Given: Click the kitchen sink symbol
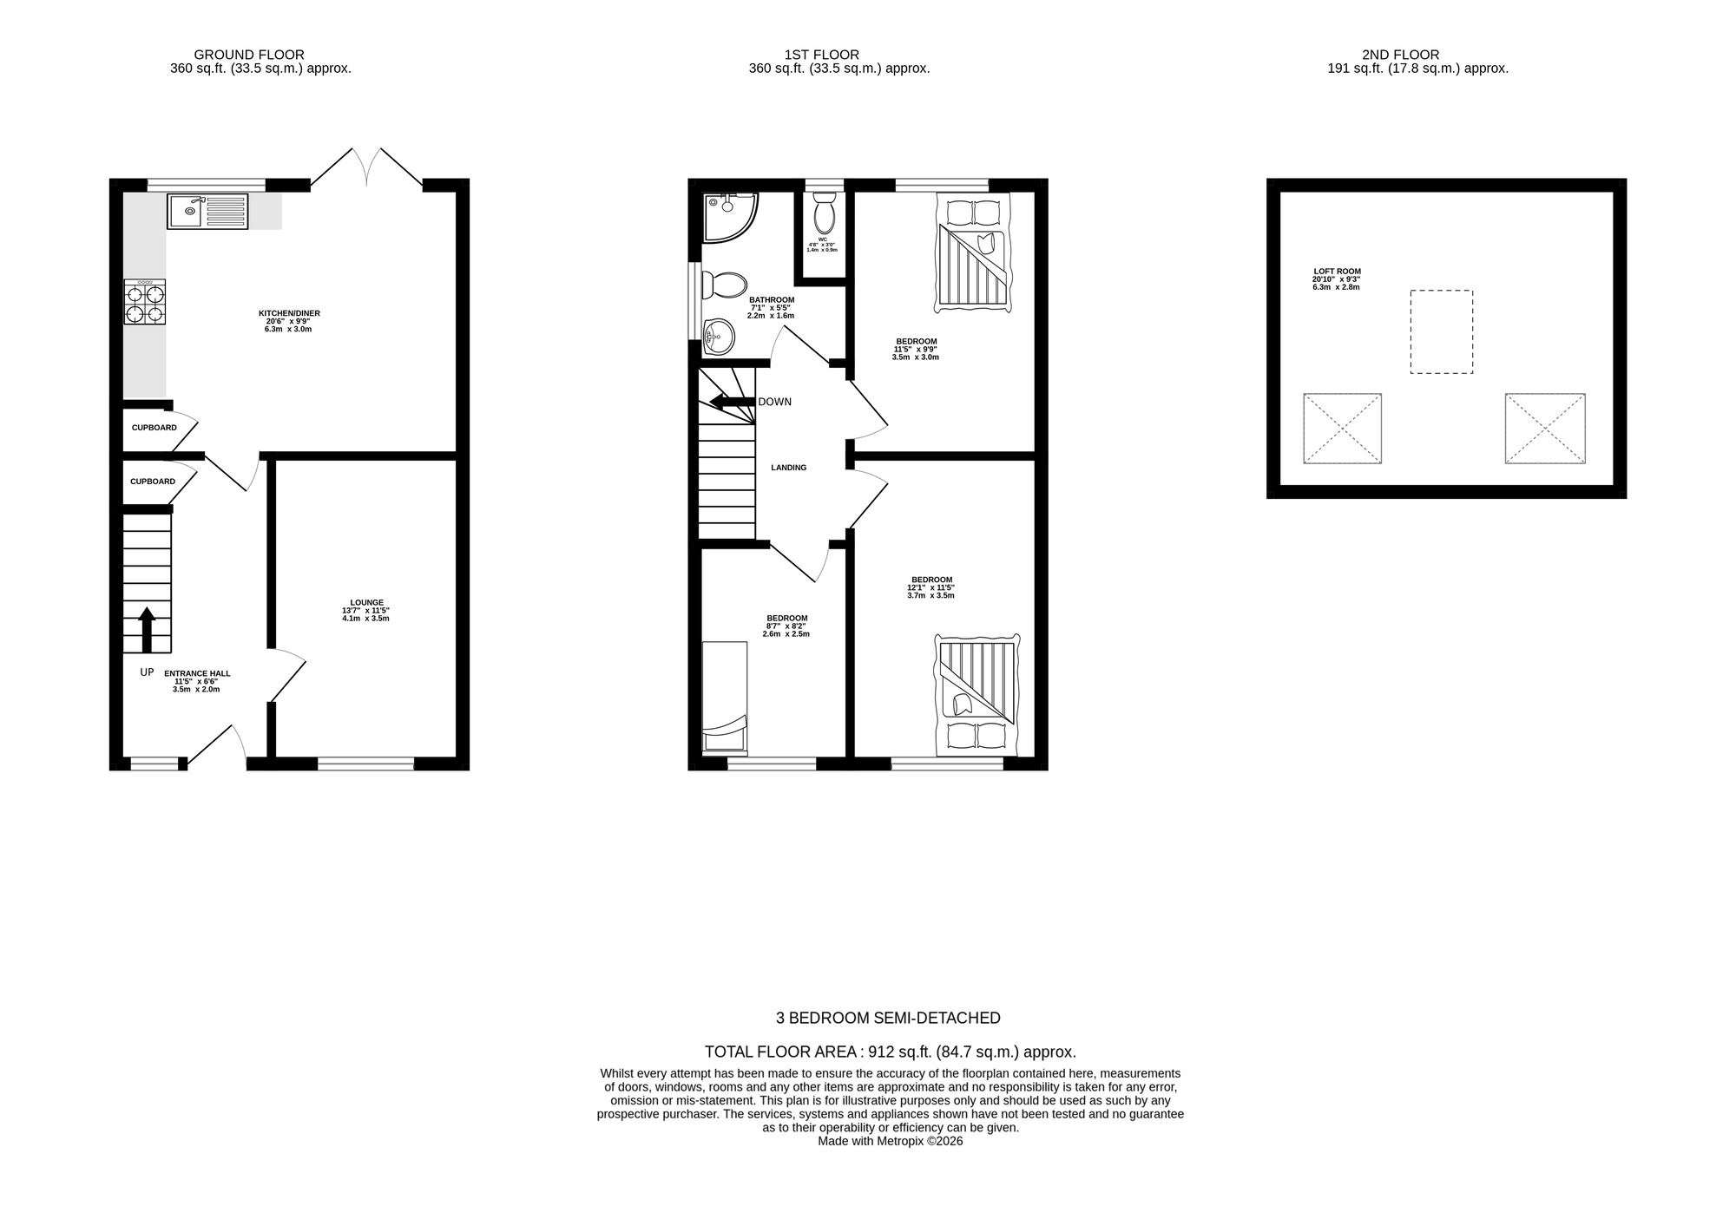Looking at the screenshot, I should click(x=208, y=212).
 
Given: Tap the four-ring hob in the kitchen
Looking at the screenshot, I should click(x=145, y=303).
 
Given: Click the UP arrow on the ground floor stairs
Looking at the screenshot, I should click(x=147, y=630).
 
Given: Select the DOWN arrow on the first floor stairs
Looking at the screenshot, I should click(x=732, y=401).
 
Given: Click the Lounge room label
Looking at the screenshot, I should click(x=366, y=610).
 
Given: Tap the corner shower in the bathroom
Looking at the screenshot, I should click(x=727, y=215).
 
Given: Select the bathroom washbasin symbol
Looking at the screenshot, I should click(x=719, y=336).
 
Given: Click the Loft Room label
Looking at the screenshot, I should click(x=1337, y=279).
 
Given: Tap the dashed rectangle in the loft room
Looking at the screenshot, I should click(x=1441, y=331).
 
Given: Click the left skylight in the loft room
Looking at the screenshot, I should click(x=1342, y=429).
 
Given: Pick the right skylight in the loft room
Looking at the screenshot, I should click(x=1545, y=429).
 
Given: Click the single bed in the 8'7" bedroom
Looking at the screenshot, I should click(x=724, y=696).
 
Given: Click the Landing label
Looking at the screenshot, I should click(x=788, y=468).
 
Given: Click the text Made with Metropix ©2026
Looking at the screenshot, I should click(x=890, y=1141).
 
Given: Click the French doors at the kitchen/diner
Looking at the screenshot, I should click(x=366, y=167).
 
